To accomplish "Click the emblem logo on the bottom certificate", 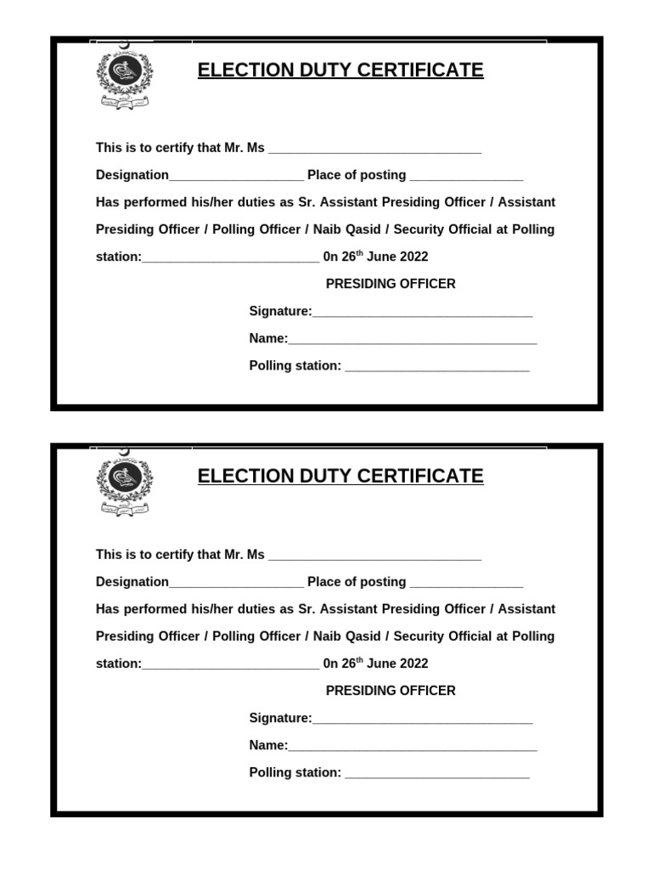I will [x=124, y=485].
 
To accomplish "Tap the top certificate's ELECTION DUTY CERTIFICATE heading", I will [x=340, y=71].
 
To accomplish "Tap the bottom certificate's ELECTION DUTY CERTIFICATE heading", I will [x=340, y=477].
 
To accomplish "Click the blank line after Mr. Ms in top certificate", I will [x=374, y=150].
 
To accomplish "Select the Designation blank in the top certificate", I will [x=236, y=177].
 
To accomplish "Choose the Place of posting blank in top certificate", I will [x=466, y=177].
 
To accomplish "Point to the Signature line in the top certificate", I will [x=422, y=313].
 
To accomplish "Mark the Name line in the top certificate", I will [x=413, y=340].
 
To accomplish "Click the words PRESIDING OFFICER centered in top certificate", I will [x=391, y=284].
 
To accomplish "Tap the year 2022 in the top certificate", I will [x=414, y=257].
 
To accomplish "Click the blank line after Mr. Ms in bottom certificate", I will [x=374, y=556].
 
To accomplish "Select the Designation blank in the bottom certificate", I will [x=236, y=584].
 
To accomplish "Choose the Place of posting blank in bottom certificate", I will [x=466, y=584].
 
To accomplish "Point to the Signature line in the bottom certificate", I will [x=422, y=720].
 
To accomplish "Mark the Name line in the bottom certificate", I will [x=413, y=747].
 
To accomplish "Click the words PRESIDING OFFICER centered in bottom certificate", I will [x=391, y=691].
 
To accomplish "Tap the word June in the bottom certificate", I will [x=382, y=664].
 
